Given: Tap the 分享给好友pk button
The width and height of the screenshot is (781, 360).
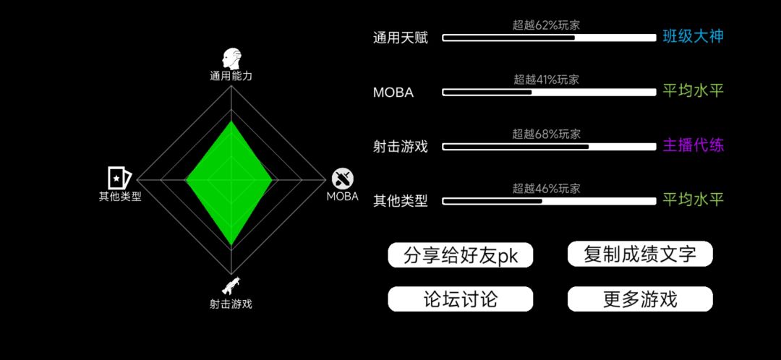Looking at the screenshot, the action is [460, 255].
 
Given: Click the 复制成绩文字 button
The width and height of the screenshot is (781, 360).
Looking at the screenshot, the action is [640, 254].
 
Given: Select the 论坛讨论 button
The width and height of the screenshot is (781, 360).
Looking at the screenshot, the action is [460, 299].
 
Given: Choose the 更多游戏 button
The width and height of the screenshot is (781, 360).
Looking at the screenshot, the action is [640, 299].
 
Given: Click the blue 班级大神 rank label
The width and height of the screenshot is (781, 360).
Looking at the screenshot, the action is [693, 36].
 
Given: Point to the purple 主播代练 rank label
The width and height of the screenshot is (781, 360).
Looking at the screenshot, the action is [693, 145].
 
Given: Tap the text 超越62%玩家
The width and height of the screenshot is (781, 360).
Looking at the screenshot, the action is [547, 25].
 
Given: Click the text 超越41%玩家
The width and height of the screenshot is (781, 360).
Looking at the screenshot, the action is [547, 80].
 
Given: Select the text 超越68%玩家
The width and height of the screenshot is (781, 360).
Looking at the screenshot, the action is [547, 134].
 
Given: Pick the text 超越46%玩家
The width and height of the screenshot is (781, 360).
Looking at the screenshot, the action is [547, 188].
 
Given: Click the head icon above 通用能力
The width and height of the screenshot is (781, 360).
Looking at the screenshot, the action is [231, 59].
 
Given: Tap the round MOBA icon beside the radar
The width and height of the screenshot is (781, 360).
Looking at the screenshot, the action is [343, 179].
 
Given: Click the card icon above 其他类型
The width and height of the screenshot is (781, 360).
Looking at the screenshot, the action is [119, 178].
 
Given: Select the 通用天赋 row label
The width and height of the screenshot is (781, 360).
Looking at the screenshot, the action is [401, 38].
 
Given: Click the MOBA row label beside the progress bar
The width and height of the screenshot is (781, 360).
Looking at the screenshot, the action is [393, 93].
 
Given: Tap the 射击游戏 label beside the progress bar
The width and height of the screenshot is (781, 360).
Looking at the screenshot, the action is [401, 147].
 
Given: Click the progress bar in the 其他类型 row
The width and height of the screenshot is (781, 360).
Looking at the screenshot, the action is [549, 201].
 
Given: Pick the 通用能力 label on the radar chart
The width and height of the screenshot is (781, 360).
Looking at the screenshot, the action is [231, 76].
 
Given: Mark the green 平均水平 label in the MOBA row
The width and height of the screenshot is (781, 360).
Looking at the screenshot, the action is [693, 90].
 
